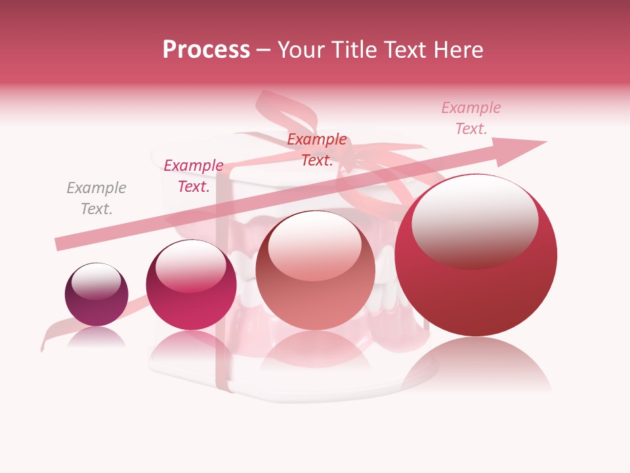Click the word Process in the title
(206, 49)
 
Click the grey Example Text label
(96, 198)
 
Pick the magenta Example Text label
(194, 176)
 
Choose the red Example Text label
(317, 150)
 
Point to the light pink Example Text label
(471, 118)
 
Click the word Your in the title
(301, 49)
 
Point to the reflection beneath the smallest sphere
(96, 338)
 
